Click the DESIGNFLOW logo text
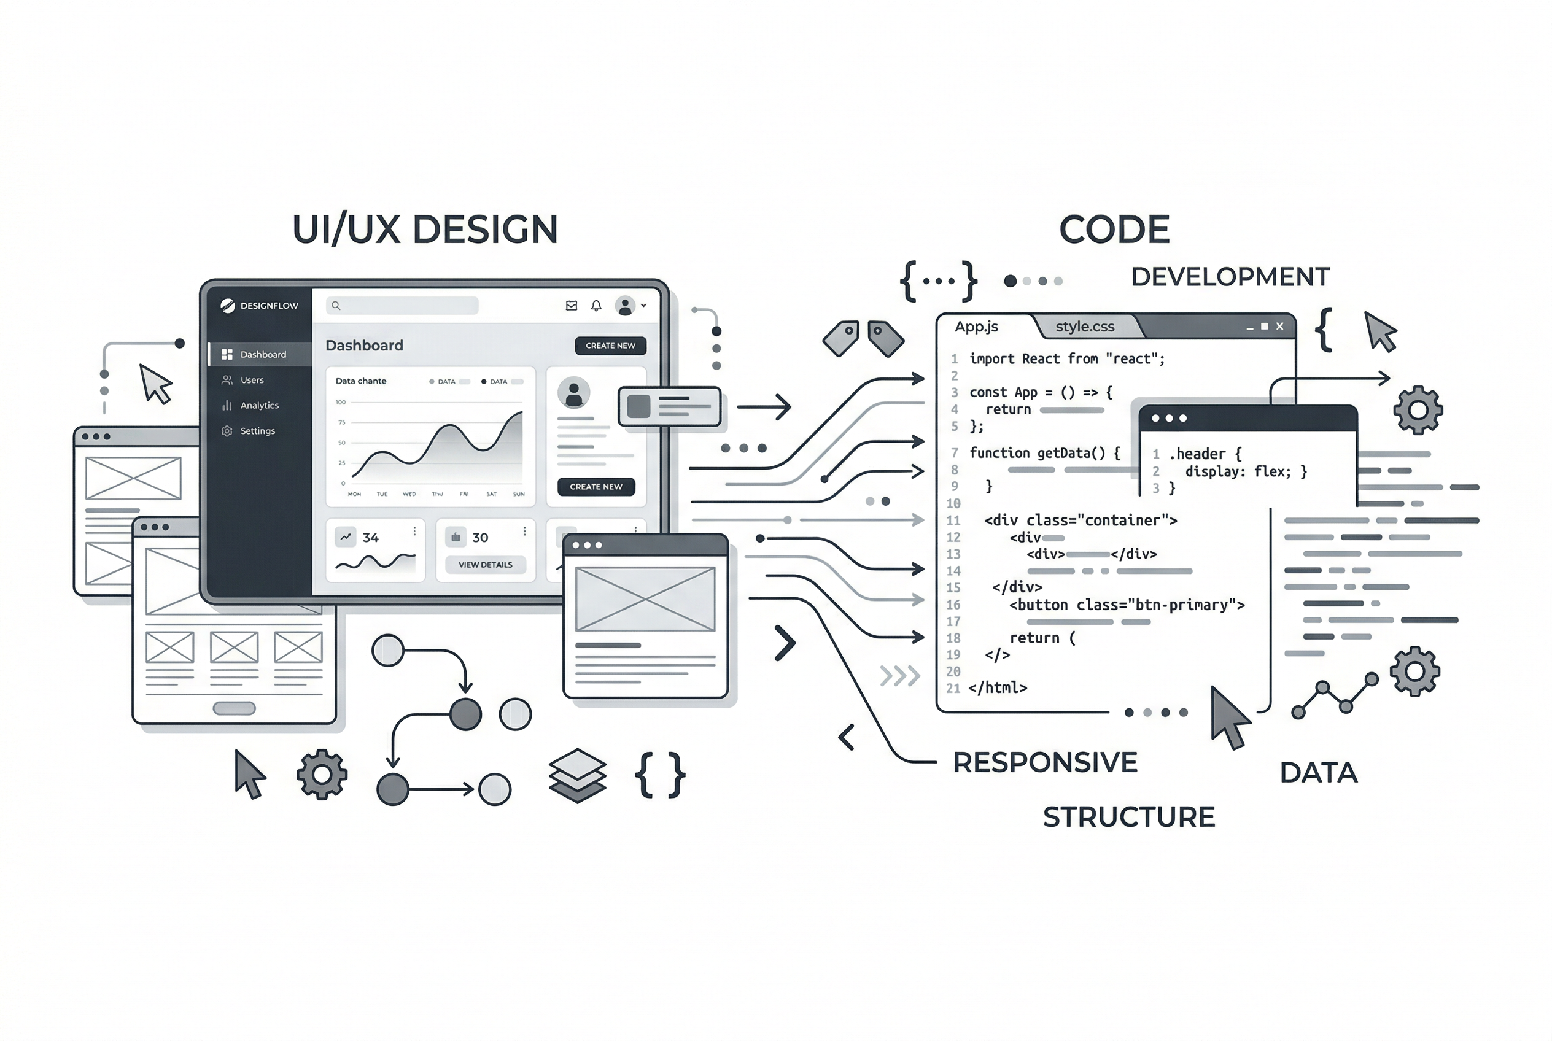pyautogui.click(x=269, y=306)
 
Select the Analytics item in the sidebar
pyautogui.click(x=259, y=406)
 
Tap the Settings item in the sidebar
pyautogui.click(x=257, y=431)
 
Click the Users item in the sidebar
pyautogui.click(x=252, y=381)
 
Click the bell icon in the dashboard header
pyautogui.click(x=596, y=306)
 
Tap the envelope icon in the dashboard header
pyautogui.click(x=571, y=306)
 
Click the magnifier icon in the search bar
pyautogui.click(x=336, y=306)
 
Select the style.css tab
pyautogui.click(x=1084, y=327)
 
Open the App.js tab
pyautogui.click(x=976, y=327)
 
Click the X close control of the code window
pyautogui.click(x=1279, y=326)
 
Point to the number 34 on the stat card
pyautogui.click(x=371, y=538)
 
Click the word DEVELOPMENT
pyautogui.click(x=1230, y=277)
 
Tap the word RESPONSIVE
pyautogui.click(x=1045, y=762)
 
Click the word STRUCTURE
pyautogui.click(x=1128, y=816)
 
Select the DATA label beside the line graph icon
pyautogui.click(x=1318, y=773)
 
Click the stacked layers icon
pyautogui.click(x=577, y=775)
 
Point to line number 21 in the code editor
pyautogui.click(x=953, y=689)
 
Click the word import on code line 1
pyautogui.click(x=991, y=359)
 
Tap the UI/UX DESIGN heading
pyautogui.click(x=425, y=230)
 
